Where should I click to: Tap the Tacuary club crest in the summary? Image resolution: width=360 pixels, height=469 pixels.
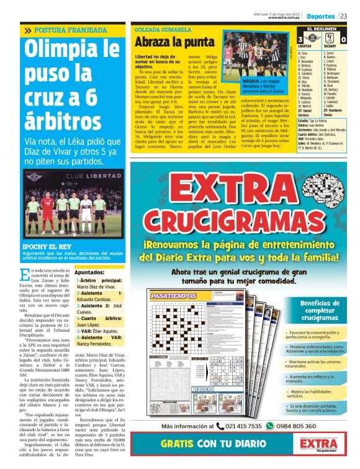point(331,38)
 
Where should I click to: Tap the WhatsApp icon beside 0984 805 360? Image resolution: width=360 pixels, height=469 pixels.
point(269,426)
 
